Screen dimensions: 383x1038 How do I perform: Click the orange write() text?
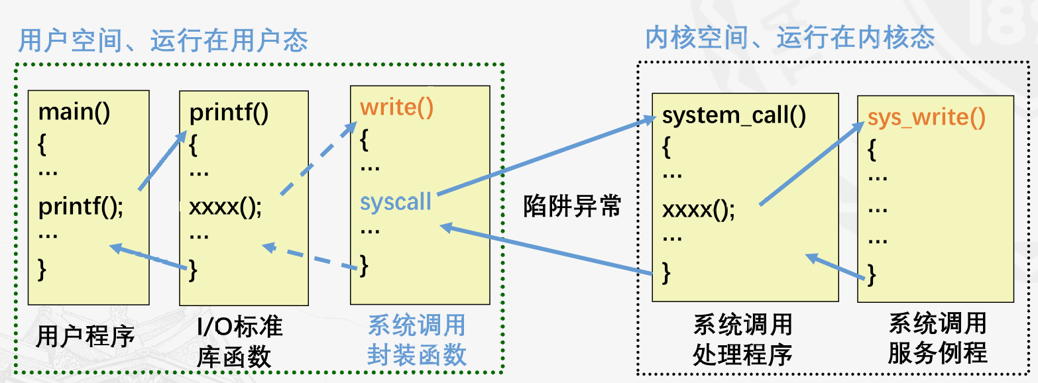[x=396, y=108]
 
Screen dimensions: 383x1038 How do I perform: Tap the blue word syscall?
[x=396, y=201]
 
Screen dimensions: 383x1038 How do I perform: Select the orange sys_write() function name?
[x=927, y=118]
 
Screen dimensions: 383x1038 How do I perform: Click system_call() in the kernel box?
[x=734, y=116]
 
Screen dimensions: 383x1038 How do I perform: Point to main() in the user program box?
[x=74, y=111]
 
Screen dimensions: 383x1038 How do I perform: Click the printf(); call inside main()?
[x=81, y=207]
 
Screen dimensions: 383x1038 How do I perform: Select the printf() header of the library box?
[x=229, y=113]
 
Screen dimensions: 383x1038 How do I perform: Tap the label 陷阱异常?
[x=572, y=206]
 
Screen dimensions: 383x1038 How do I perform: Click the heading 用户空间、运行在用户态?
[x=163, y=41]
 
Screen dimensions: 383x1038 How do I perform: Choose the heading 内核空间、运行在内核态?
[x=789, y=38]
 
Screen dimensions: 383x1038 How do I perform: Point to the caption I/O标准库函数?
[x=239, y=342]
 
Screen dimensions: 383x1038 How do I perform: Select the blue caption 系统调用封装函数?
[x=417, y=341]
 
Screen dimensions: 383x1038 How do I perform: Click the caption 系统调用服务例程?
[x=937, y=339]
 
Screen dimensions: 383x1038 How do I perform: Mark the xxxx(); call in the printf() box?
[x=225, y=207]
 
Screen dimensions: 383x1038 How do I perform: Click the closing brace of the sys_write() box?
[x=872, y=274]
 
